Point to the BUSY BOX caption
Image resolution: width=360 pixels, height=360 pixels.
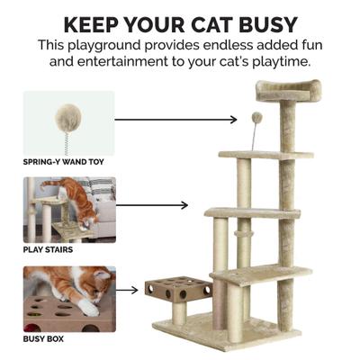(x=43, y=339)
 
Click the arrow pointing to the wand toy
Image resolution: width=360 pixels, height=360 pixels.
(x=175, y=118)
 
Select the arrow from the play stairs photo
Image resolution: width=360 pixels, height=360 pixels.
(x=152, y=204)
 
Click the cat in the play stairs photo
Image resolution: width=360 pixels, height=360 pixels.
(x=76, y=198)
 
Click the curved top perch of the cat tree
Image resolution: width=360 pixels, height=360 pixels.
(x=287, y=90)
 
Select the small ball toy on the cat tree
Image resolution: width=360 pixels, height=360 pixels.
(x=256, y=117)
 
